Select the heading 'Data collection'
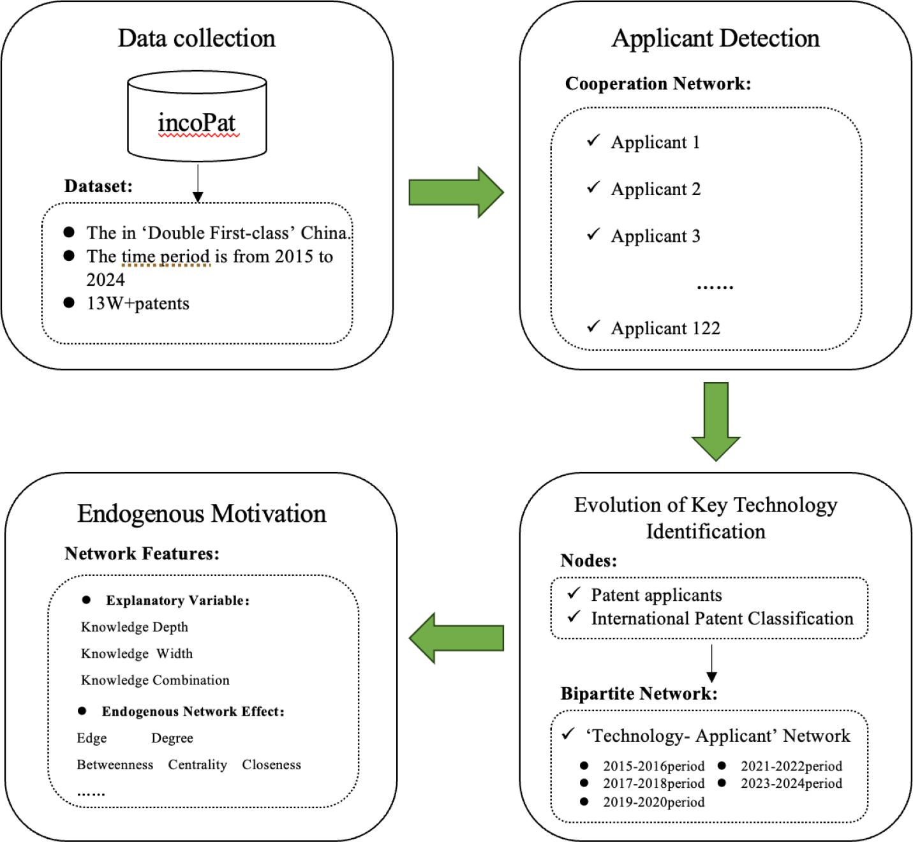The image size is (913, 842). tap(197, 38)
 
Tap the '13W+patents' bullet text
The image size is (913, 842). tap(138, 303)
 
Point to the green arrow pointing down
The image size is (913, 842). tap(716, 421)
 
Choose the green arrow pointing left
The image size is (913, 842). tap(456, 638)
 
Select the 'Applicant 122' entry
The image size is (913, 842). tap(665, 329)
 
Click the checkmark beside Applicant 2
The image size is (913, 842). tap(593, 188)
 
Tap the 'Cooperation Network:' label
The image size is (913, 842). tap(658, 84)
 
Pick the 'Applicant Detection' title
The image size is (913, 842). tap(715, 38)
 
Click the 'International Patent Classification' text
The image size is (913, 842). tap(722, 619)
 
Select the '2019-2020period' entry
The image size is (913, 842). tap(653, 802)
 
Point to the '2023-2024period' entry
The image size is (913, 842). tap(791, 783)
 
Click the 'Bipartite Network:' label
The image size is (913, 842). tap(639, 694)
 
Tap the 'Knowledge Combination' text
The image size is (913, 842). tap(155, 680)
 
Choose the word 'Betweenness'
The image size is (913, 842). tap(115, 765)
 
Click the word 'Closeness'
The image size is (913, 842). tap(271, 765)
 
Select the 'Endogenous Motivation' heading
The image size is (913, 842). tap(202, 513)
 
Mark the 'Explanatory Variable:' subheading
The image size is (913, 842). tap(177, 601)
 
